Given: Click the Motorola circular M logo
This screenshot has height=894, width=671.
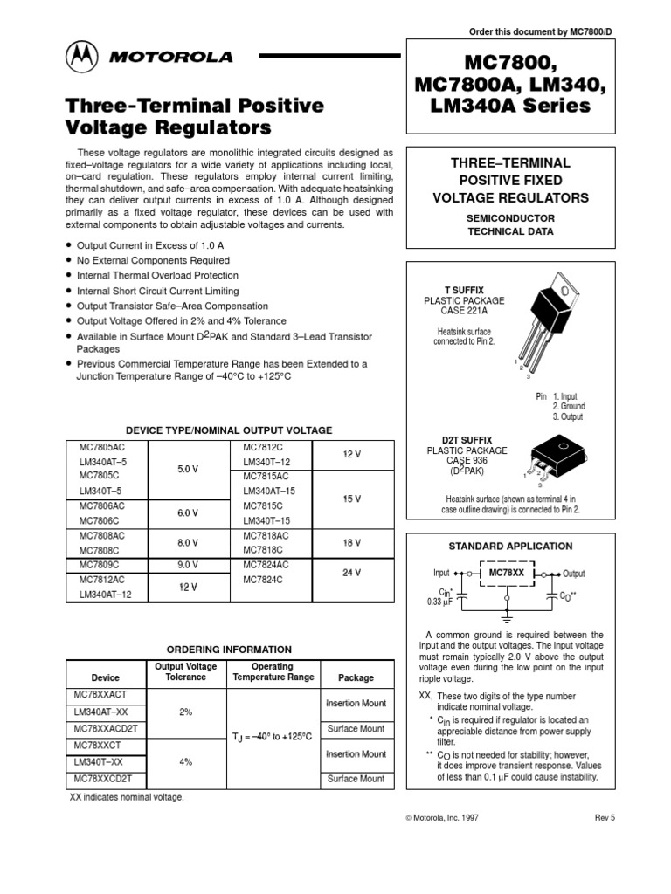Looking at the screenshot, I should pos(86,58).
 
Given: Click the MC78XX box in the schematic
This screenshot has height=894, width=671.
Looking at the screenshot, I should pos(506,573).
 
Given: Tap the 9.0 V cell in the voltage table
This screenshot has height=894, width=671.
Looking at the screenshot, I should pos(188,564).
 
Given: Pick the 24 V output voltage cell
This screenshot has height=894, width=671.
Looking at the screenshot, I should pos(352,572).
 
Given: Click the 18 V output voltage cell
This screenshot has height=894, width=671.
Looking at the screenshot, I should pos(352,542).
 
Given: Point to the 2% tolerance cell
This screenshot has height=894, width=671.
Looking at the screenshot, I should pos(185,712).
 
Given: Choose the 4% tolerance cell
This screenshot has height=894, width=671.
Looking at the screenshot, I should pos(185,761).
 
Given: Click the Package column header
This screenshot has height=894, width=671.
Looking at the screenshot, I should pos(356,677).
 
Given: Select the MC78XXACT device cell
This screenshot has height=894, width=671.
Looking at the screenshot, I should pos(102,695).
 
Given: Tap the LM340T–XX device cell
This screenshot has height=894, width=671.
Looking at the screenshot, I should pos(100,761).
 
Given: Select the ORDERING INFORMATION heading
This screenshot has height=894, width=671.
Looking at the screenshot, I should pos(229,650).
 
